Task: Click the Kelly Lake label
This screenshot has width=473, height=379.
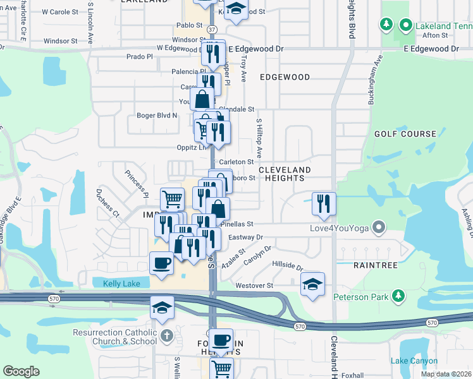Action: (x=122, y=284)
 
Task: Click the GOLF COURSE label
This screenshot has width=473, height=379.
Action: (x=405, y=134)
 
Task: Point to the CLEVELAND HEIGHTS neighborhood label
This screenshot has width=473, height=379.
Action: (x=285, y=174)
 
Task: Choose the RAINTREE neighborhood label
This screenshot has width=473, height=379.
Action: (x=374, y=266)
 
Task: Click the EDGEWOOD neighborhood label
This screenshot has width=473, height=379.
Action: (x=285, y=77)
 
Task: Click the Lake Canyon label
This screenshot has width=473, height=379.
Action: (x=414, y=361)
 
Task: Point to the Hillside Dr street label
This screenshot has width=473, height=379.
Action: (x=288, y=266)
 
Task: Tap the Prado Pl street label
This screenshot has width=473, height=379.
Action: (x=140, y=56)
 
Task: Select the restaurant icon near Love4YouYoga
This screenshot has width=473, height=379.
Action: (x=324, y=203)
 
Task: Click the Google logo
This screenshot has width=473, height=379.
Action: (x=21, y=371)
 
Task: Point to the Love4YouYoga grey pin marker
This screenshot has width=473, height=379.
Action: (x=379, y=226)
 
